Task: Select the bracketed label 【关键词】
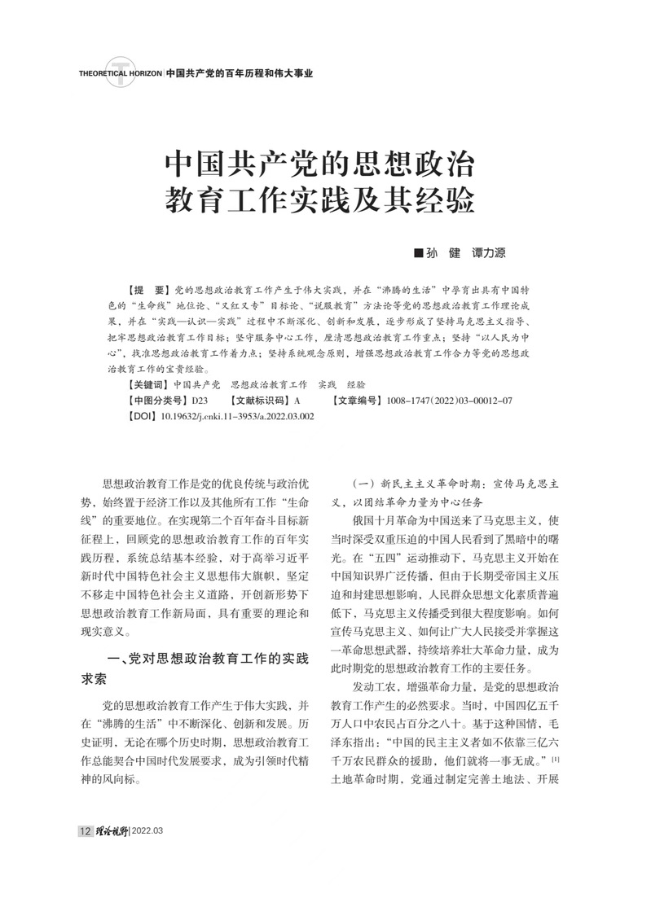149,383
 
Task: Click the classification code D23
200,400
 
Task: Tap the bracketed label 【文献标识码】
260,400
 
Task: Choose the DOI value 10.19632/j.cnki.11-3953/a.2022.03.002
237,416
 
